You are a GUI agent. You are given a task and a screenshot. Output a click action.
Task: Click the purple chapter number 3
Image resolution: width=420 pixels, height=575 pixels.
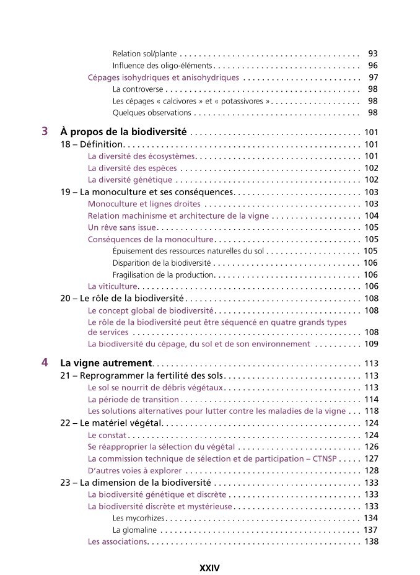44,131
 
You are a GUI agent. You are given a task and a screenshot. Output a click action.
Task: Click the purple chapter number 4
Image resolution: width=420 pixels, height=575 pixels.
44,362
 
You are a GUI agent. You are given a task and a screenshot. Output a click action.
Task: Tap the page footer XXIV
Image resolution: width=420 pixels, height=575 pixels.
209,567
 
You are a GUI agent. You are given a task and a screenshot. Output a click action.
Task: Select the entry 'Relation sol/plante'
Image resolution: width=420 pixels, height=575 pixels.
145,54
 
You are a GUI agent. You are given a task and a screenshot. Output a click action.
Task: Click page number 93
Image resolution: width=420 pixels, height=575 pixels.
372,54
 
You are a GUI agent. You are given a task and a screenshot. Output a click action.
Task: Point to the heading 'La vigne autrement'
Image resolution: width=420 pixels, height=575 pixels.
106,363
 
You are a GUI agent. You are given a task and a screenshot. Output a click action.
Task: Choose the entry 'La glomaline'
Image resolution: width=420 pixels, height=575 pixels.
134,530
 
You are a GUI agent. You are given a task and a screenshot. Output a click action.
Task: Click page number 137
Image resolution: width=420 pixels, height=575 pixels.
370,530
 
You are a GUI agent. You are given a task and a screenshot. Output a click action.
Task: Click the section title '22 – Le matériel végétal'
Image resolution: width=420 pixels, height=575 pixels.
111,423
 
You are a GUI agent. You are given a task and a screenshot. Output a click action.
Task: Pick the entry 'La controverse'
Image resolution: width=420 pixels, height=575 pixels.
138,89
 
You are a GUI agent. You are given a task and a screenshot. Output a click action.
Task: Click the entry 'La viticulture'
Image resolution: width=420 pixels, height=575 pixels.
112,286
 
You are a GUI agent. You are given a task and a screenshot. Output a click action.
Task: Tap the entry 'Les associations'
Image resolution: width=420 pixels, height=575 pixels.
117,542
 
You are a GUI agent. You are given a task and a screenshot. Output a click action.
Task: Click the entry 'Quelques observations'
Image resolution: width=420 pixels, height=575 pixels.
152,113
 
